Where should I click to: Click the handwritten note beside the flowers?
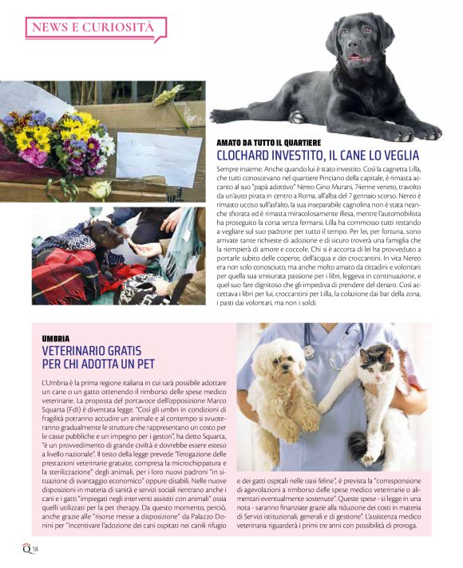[x=148, y=156]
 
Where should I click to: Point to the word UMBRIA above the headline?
[x=55, y=339]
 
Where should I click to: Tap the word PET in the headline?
[x=142, y=365]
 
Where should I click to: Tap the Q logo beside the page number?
[x=27, y=546]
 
